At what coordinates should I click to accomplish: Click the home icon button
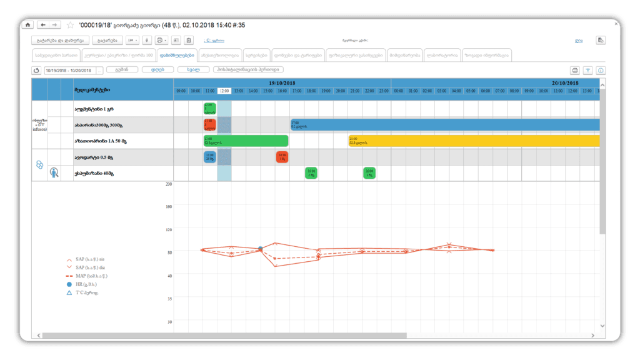[27, 25]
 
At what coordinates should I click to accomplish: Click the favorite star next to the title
[71, 25]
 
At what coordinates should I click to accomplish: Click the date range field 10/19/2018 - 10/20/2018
[72, 70]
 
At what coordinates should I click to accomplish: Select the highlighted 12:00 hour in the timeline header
[224, 91]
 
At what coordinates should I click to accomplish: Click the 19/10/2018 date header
[282, 82]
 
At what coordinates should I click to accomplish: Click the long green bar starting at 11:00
[246, 141]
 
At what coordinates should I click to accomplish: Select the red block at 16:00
[282, 157]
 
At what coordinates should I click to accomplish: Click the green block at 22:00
[369, 173]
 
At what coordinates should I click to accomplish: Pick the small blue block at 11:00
[209, 157]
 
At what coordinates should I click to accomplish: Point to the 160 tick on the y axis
[168, 207]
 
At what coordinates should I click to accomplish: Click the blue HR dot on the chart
[261, 249]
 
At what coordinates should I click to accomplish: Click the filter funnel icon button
[587, 71]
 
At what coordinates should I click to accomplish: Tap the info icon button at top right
[601, 71]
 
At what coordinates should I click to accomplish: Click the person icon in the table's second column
[54, 173]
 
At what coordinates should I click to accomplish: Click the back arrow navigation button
[41, 25]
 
